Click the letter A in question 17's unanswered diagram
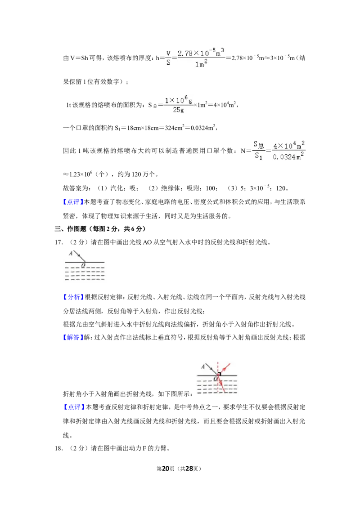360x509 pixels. pyautogui.click(x=71, y=253)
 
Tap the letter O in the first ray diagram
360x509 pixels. pyautogui.click(x=83, y=265)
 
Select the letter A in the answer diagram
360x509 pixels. pyautogui.click(x=203, y=366)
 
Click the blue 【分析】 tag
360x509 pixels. pyautogui.click(x=73, y=297)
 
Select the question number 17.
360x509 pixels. pyautogui.click(x=58, y=242)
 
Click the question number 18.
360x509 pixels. pyautogui.click(x=58, y=448)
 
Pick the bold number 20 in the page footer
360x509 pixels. pyautogui.click(x=166, y=469)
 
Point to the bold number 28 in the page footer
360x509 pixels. pyautogui.click(x=189, y=469)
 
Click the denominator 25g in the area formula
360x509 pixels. pyautogui.click(x=178, y=110)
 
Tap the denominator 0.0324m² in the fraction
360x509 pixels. pyautogui.click(x=288, y=157)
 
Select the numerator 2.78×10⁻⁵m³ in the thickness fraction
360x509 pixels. pyautogui.click(x=201, y=53)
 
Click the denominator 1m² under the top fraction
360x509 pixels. pyautogui.click(x=201, y=64)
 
